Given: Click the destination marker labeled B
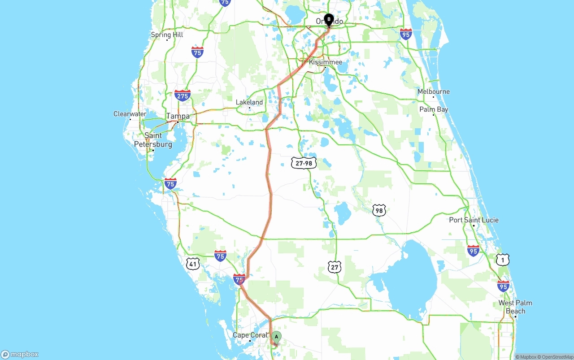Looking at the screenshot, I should [x=329, y=20].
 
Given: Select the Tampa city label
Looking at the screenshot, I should [x=178, y=116].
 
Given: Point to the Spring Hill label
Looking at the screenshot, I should [x=167, y=35].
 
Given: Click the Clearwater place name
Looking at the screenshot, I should [x=130, y=114].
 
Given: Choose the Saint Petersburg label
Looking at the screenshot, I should [x=153, y=140].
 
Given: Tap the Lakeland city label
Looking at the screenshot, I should [x=249, y=102].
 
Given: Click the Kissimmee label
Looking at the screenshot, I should [x=326, y=62].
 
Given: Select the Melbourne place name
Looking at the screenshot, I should [x=434, y=91].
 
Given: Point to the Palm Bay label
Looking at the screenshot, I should [x=434, y=109].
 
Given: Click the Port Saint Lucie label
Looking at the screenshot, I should [x=474, y=220].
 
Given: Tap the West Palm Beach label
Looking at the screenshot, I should [x=515, y=307].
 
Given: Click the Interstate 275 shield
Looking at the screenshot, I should [x=183, y=95].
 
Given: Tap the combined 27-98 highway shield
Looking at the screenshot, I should [x=304, y=163].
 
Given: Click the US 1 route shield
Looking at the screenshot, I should [x=503, y=259].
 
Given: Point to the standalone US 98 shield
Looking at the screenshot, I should [x=379, y=210].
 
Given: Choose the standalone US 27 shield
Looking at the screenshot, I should [x=335, y=267].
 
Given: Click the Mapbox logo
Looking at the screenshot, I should [x=20, y=354].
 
